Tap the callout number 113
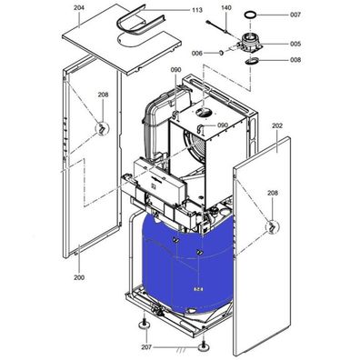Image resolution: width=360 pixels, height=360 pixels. (x=197, y=10)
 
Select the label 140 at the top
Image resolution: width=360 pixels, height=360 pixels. (x=226, y=7)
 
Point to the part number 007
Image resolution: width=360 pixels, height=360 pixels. (x=295, y=15)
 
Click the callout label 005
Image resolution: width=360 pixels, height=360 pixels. (x=295, y=43)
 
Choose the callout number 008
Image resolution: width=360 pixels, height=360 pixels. (x=295, y=60)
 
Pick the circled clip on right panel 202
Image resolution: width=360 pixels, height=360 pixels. (x=270, y=225)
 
